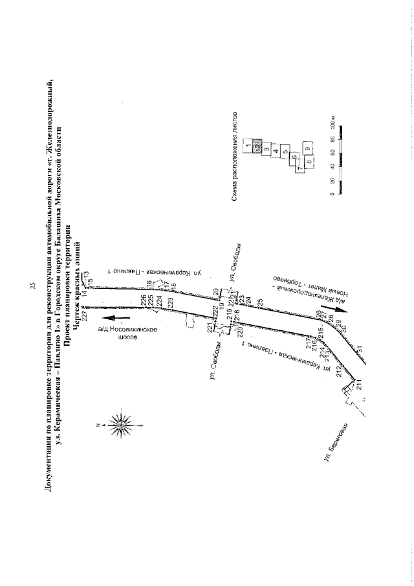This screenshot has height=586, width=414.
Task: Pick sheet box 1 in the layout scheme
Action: click(x=248, y=146)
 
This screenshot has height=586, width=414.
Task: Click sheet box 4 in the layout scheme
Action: click(x=276, y=151)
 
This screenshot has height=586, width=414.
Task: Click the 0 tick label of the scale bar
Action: click(x=332, y=194)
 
